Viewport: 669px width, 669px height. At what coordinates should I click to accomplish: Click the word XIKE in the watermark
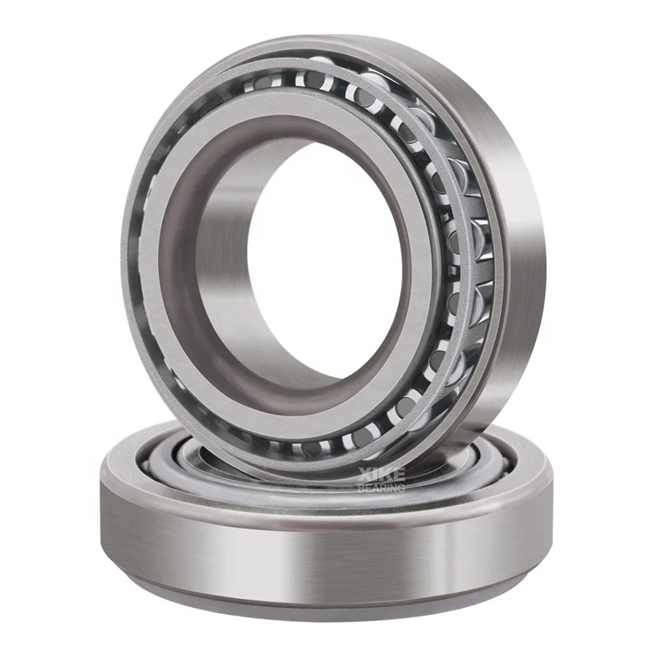coord(380,474)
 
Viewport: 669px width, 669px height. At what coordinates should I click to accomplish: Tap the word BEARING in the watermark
coord(380,487)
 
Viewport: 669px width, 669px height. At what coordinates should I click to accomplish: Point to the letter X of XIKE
coord(364,474)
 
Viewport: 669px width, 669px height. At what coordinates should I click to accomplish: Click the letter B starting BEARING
coord(360,487)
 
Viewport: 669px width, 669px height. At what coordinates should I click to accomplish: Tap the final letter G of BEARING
coord(401,487)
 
